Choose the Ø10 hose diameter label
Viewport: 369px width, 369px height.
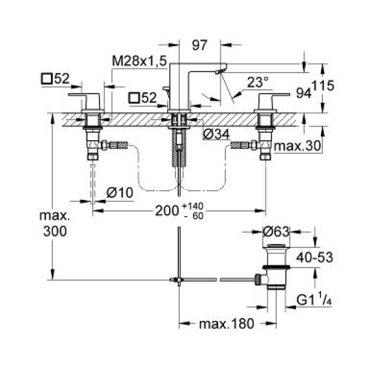click(x=119, y=192)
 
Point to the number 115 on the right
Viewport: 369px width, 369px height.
click(x=323, y=87)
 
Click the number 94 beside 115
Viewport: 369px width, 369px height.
click(x=303, y=93)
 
